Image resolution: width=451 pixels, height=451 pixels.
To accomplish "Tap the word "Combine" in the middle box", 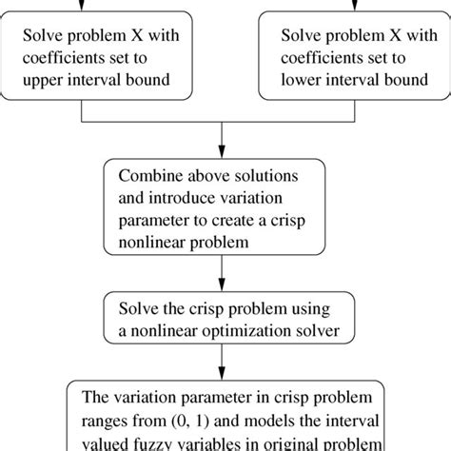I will [148, 176].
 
